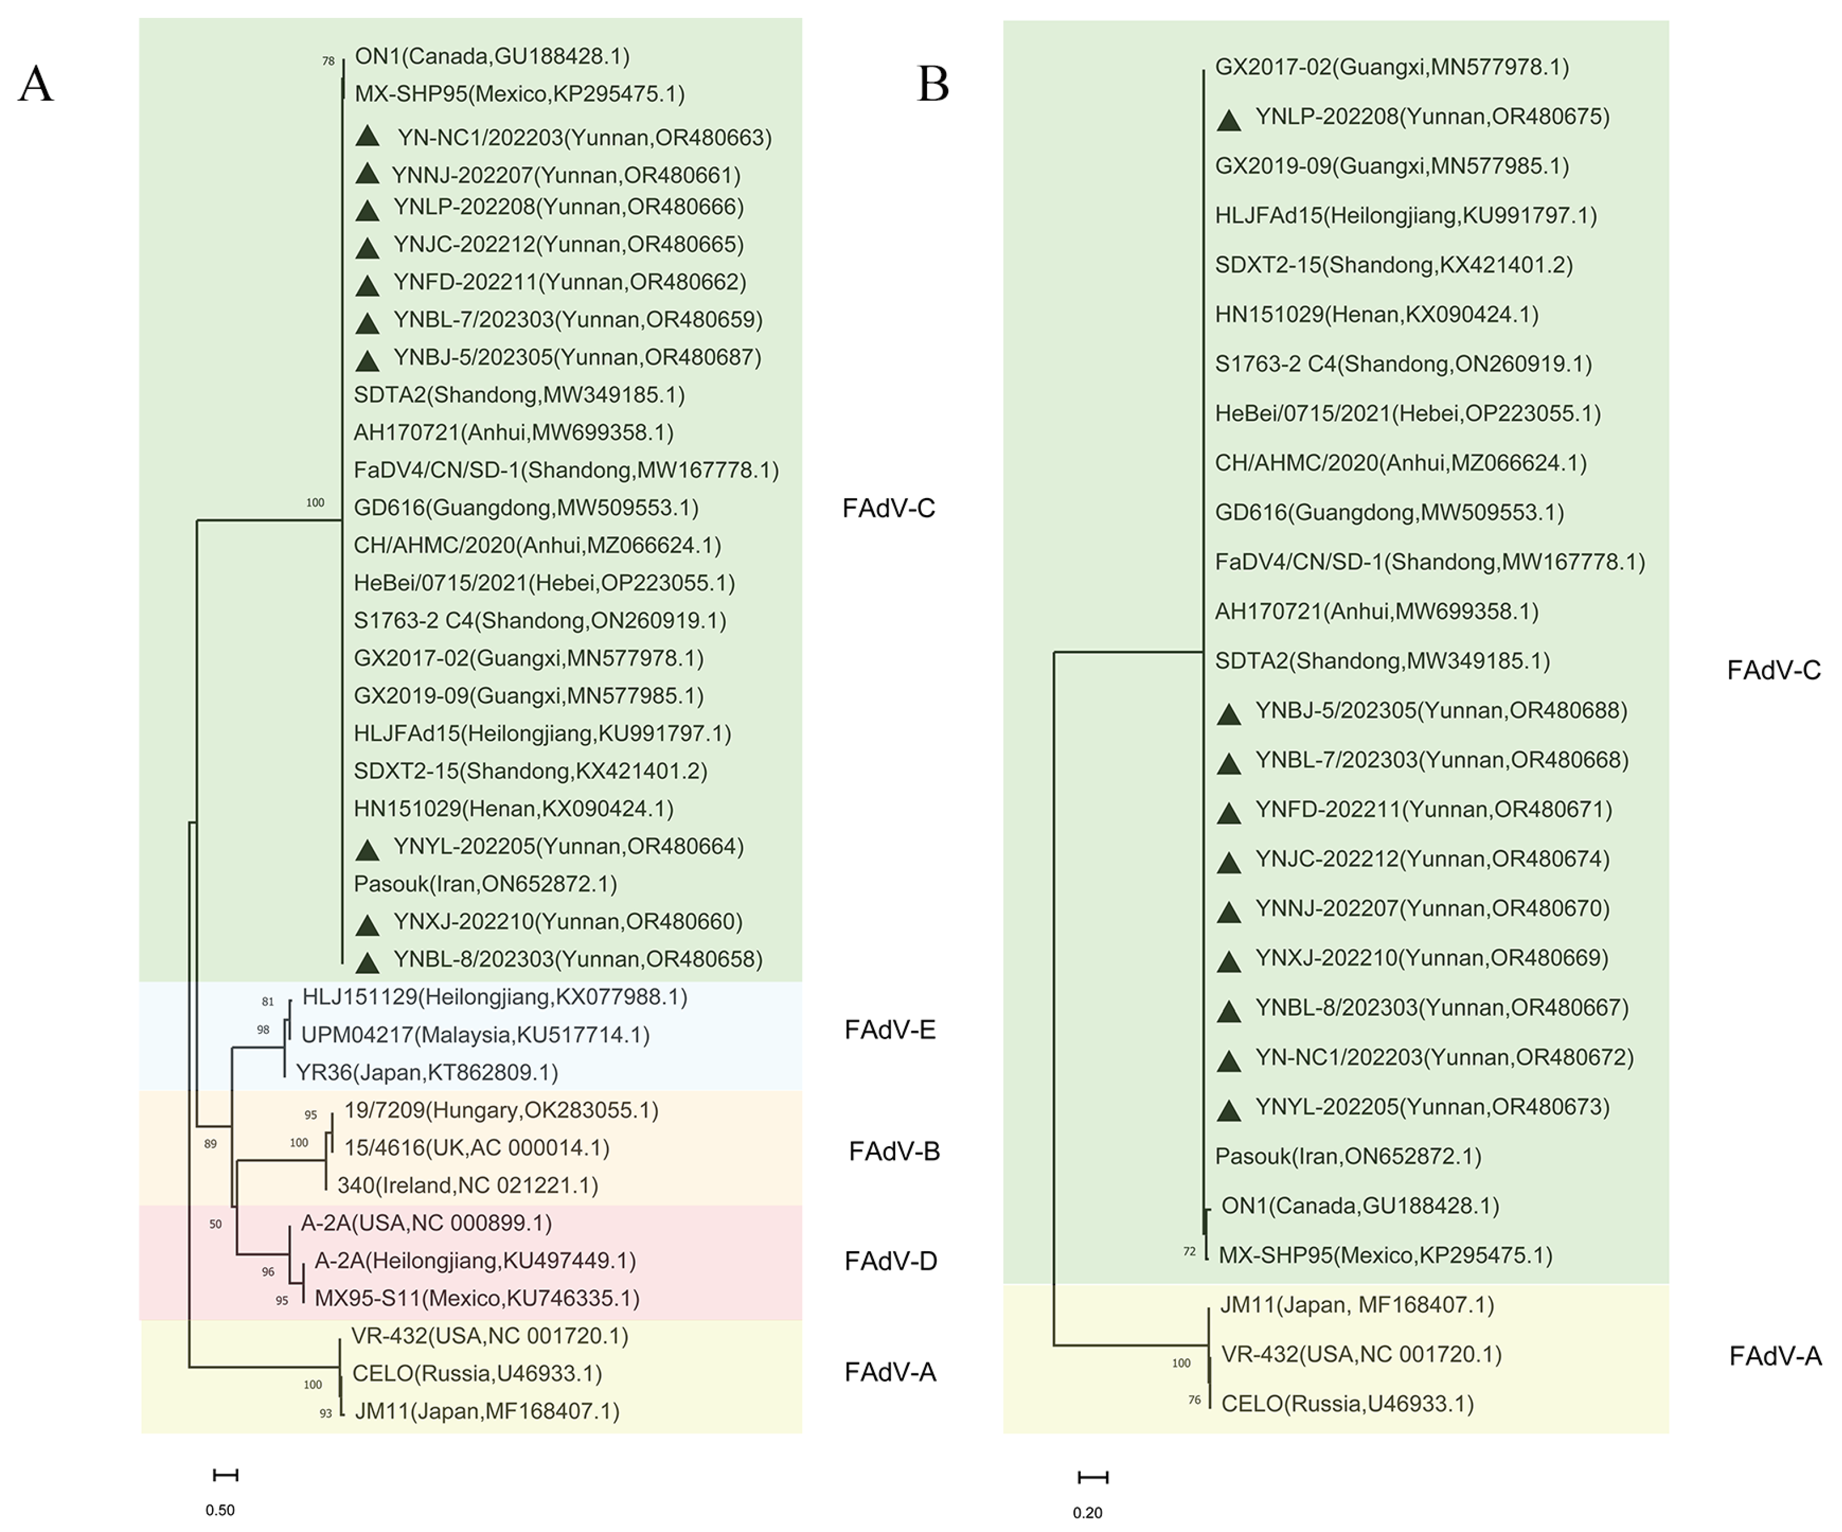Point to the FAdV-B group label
[x=894, y=1151]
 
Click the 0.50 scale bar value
[x=220, y=1510]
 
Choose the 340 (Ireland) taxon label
[x=468, y=1186]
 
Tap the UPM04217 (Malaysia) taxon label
[x=475, y=1035]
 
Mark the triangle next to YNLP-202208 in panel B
[x=1229, y=120]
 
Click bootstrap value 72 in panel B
[x=1189, y=1251]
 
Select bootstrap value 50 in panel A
[x=216, y=1224]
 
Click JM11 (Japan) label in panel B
[x=1357, y=1305]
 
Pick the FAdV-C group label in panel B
[x=1774, y=671]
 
